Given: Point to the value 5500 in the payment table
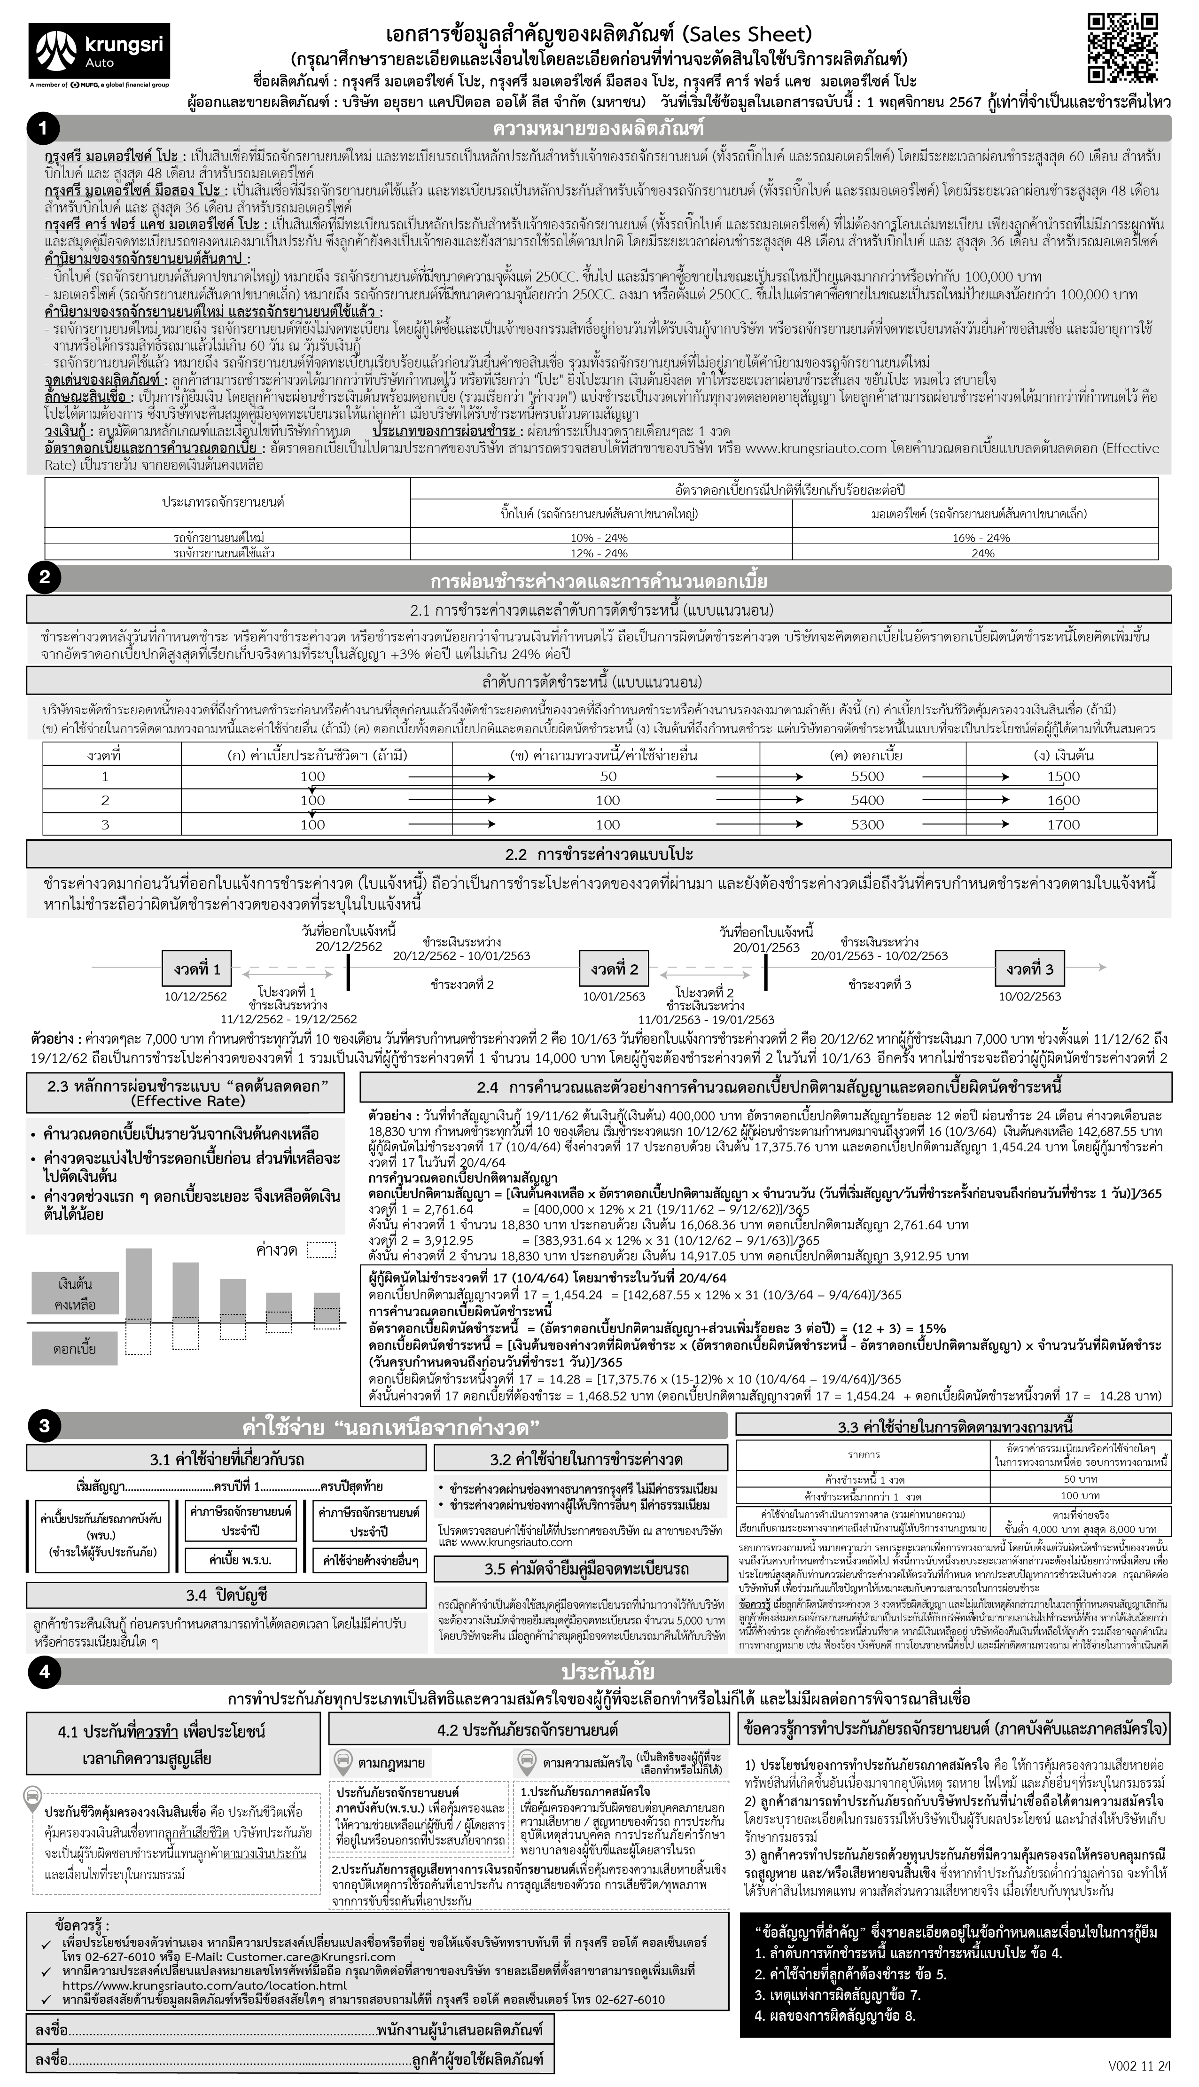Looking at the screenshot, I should (x=867, y=776).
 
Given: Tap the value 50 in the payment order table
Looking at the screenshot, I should (x=608, y=776).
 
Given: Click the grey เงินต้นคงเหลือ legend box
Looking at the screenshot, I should (x=75, y=1293).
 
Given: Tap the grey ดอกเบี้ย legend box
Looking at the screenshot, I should (x=75, y=1349).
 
